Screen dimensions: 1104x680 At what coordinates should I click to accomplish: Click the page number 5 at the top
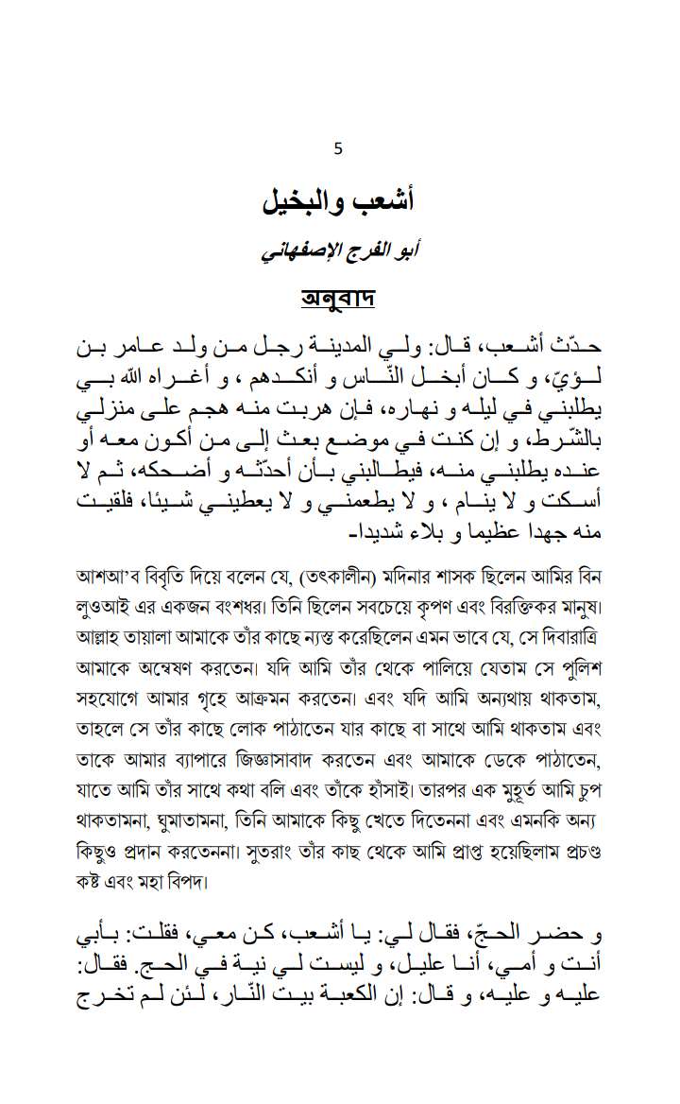click(339, 148)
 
